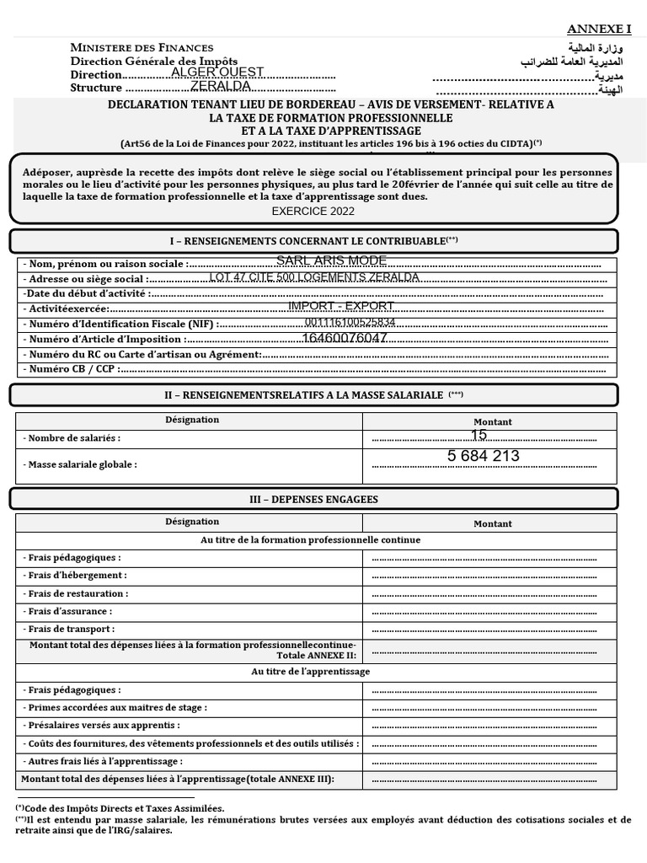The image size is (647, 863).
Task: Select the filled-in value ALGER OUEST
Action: tap(217, 72)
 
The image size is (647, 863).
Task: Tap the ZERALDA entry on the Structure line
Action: tap(221, 86)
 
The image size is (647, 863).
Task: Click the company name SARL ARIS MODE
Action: tap(331, 261)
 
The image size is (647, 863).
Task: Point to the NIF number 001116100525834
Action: tap(350, 323)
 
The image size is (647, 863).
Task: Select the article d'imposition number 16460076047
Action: tap(345, 338)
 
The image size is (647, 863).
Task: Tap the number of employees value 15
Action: tap(479, 436)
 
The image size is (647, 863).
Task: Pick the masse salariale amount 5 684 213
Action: tap(484, 456)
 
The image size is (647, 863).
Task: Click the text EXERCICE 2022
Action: tap(313, 211)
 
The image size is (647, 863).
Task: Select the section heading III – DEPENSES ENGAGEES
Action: tap(313, 499)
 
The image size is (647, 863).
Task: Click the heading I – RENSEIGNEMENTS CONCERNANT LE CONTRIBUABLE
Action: tap(313, 240)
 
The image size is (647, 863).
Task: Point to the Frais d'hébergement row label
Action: tap(75, 575)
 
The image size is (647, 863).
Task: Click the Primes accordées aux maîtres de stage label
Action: tap(115, 708)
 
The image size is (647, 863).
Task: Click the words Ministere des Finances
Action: tap(142, 47)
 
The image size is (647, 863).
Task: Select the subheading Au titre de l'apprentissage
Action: tap(311, 672)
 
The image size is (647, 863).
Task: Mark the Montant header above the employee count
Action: tap(492, 421)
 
